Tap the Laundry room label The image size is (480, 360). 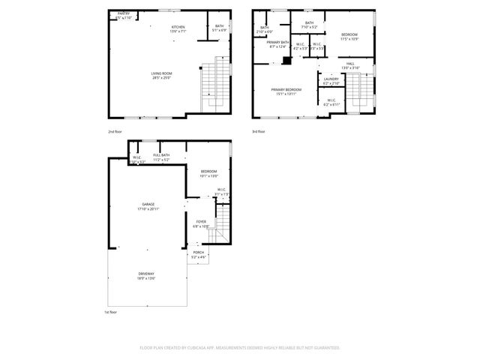coord(331,80)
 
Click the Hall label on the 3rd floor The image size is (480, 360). coord(350,65)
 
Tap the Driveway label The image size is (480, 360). coord(145,275)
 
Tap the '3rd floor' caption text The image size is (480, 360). coord(258,130)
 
